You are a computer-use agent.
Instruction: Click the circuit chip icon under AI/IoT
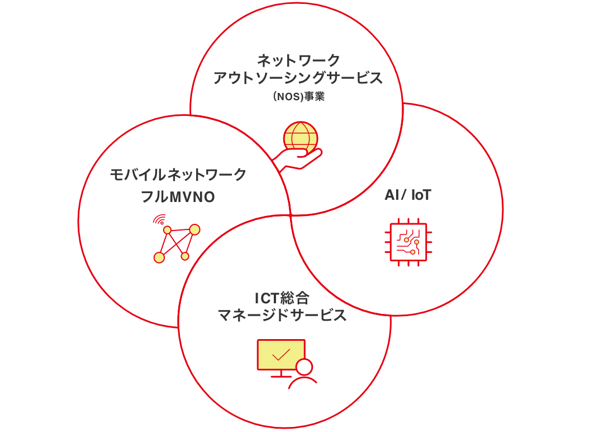(407, 241)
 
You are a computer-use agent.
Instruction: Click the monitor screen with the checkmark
(281, 354)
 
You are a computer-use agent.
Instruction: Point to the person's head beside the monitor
(305, 367)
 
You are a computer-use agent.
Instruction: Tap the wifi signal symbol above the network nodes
(160, 219)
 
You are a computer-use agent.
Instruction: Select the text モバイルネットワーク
(178, 175)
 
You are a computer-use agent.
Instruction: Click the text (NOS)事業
(298, 96)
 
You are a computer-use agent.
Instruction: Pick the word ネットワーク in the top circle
(298, 59)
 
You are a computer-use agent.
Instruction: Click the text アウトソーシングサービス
(298, 78)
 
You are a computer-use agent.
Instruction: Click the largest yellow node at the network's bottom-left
(159, 257)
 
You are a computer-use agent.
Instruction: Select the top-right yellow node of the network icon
(194, 229)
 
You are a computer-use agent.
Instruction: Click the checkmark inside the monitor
(281, 354)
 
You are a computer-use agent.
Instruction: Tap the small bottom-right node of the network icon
(185, 256)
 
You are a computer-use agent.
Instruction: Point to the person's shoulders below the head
(303, 383)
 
